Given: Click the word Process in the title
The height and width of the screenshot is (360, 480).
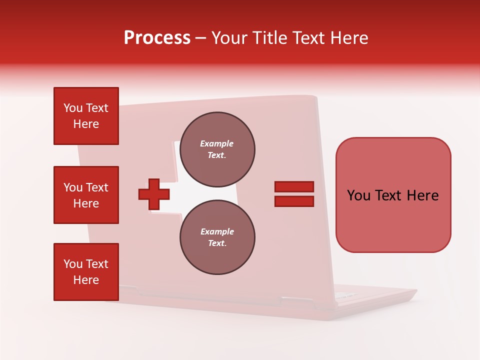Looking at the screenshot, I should tap(157, 38).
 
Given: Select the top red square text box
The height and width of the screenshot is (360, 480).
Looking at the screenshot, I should tap(86, 116).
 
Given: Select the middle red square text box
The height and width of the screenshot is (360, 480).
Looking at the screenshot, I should tap(86, 195).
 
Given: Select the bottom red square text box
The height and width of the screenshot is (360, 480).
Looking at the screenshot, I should tap(86, 272).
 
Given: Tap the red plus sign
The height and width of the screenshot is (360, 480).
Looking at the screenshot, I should tap(154, 194).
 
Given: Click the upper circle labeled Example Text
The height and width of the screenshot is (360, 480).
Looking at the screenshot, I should tap(217, 149).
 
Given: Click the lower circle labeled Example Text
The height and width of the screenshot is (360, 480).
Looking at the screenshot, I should tap(217, 237).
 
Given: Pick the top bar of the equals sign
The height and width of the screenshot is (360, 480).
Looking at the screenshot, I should tap(294, 186).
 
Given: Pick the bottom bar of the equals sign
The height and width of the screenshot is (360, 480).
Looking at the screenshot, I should tap(294, 201).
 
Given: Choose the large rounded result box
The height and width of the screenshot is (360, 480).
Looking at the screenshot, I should tap(393, 195).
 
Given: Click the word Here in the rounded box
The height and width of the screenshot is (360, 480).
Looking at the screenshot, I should tap(422, 195).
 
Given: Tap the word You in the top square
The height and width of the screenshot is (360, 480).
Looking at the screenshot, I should tap(73, 108).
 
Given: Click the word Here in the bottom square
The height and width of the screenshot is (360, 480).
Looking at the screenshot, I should tap(86, 280).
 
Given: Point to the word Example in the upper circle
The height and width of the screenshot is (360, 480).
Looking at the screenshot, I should tap(217, 143).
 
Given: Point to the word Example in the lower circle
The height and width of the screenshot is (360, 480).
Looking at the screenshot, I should tap(217, 231).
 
